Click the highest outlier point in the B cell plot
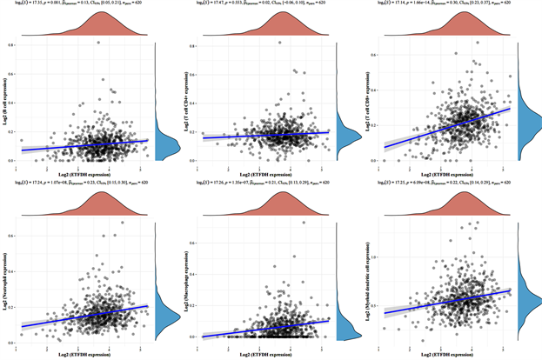tap(98, 42)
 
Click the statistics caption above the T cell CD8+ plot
tap(444, 3)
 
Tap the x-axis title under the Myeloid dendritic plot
tap(444, 354)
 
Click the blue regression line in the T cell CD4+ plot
tap(261, 134)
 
